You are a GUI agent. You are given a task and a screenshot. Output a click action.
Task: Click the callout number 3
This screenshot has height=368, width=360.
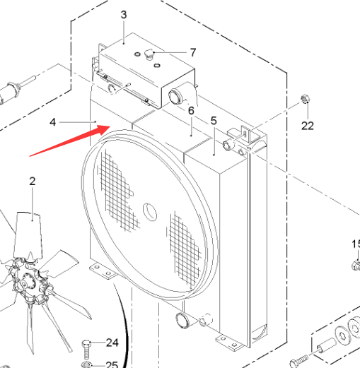(124, 15)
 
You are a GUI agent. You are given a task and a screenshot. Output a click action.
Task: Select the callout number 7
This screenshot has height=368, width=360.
(193, 52)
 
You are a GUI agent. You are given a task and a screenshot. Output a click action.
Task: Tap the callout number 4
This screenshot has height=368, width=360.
(53, 122)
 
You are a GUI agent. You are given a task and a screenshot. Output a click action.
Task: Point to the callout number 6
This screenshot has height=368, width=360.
(191, 110)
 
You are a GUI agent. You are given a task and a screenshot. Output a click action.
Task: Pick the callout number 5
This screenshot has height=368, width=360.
(214, 121)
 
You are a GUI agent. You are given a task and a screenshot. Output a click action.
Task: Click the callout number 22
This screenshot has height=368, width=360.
(308, 126)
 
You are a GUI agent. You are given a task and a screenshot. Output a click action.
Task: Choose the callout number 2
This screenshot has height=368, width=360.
(33, 181)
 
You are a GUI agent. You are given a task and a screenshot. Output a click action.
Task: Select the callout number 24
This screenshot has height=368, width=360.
(112, 343)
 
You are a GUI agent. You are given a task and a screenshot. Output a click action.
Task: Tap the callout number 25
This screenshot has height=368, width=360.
(112, 364)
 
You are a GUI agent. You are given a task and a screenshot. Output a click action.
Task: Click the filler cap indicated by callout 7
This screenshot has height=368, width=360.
(149, 54)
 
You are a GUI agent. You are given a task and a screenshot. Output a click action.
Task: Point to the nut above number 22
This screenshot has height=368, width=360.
(305, 99)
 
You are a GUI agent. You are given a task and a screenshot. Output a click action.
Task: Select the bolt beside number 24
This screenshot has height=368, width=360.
(86, 350)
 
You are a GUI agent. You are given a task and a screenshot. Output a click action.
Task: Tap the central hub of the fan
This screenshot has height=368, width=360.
(26, 283)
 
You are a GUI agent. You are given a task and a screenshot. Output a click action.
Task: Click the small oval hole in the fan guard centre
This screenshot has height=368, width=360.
(150, 212)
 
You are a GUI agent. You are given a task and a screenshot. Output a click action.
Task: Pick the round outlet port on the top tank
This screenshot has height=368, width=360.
(175, 97)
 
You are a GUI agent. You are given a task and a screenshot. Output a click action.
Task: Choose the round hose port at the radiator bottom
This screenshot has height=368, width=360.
(182, 320)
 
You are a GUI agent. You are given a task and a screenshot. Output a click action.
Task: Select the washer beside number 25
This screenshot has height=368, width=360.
(86, 364)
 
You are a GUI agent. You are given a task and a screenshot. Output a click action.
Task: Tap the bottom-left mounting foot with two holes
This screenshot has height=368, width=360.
(103, 271)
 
